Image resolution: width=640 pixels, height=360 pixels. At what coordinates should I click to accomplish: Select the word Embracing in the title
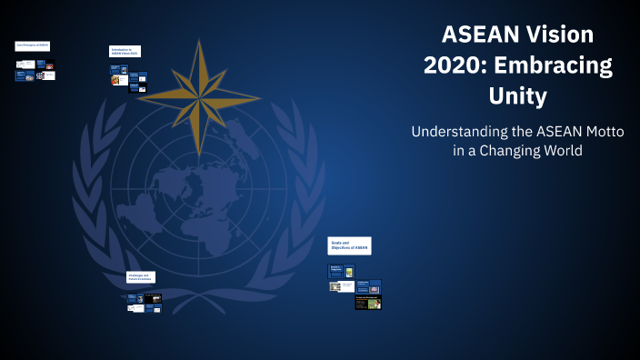(555, 65)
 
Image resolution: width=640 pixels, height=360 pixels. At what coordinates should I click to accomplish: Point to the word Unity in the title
(517, 95)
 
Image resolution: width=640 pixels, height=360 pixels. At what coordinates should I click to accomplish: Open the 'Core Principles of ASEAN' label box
(32, 45)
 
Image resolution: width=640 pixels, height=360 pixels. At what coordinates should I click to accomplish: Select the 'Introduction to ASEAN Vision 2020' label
(125, 52)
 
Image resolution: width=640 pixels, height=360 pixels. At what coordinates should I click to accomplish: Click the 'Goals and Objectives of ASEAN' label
(349, 246)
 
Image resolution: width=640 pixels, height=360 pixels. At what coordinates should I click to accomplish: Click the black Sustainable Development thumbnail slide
(367, 303)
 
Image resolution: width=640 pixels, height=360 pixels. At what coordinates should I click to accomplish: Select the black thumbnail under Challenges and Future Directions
(155, 297)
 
